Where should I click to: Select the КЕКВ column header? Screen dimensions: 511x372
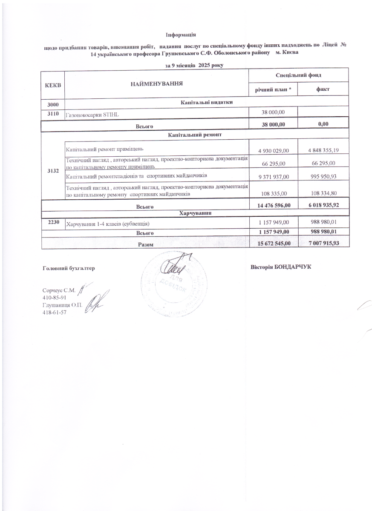[x=53, y=85]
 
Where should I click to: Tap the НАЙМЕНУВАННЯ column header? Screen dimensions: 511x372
[x=156, y=83]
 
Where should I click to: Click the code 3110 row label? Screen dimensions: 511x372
[x=53, y=113]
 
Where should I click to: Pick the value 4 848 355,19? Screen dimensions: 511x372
[x=323, y=150]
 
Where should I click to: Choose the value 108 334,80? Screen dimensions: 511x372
[x=323, y=193]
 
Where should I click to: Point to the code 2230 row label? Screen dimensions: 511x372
[x=53, y=222]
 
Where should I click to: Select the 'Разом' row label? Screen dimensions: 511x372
[x=144, y=245]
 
